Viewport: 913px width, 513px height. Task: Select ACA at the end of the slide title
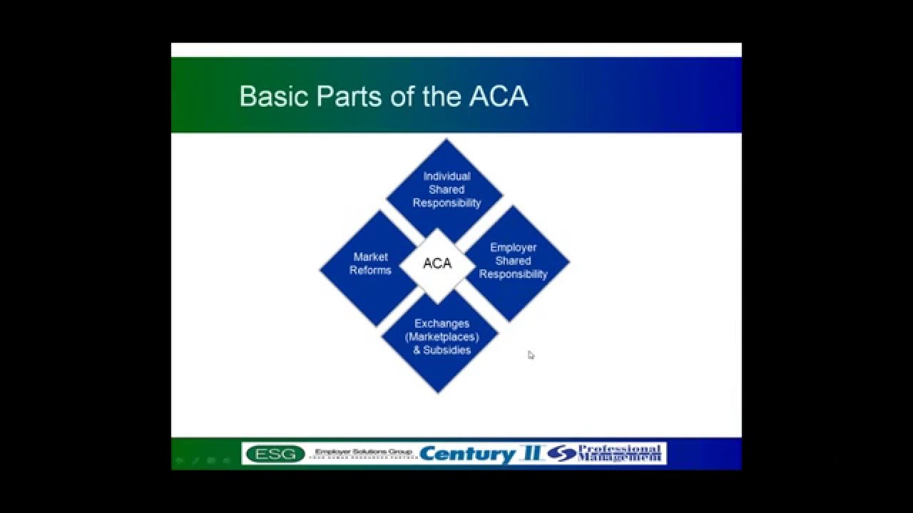[x=498, y=96]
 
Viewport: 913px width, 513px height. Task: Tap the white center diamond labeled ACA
[x=437, y=264]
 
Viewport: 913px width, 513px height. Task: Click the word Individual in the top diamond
[x=447, y=176]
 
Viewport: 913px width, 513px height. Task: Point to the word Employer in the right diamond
[x=513, y=247]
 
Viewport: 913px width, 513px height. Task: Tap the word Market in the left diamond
[x=370, y=256]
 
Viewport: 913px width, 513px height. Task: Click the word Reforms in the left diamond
[x=370, y=270]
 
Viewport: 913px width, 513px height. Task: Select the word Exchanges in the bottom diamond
[x=442, y=323]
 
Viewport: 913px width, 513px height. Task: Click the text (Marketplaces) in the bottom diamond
[x=442, y=336]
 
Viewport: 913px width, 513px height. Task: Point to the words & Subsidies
[x=442, y=350]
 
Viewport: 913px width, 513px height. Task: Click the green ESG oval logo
[x=275, y=454]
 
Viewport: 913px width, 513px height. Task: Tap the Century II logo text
[x=481, y=454]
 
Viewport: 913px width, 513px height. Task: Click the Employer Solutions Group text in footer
[x=363, y=452]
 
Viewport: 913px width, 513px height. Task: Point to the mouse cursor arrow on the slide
[x=530, y=354]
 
